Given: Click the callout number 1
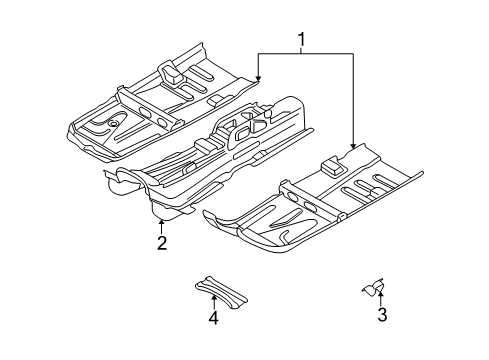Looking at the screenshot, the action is pos(301,40).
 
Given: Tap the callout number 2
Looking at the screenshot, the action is pos(162,243).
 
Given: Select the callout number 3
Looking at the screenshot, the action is pos(382,314).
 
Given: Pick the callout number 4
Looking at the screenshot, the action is pos(214,317).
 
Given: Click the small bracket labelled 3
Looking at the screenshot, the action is pos(374,288).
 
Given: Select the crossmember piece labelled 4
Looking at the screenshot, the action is pos(221,292).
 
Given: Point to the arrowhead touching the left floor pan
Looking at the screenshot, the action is pos(258,78).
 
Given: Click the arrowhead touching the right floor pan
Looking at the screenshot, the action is pos(353,145).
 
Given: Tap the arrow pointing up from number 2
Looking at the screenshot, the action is pos(162,227).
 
